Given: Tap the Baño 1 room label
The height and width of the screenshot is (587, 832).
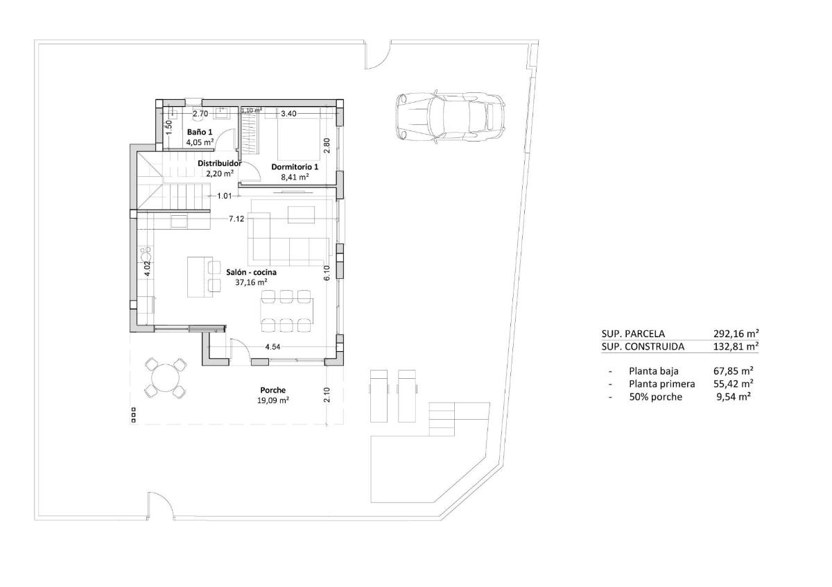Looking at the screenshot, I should pyautogui.click(x=199, y=132).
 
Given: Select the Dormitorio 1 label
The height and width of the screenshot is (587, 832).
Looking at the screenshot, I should pyautogui.click(x=294, y=167).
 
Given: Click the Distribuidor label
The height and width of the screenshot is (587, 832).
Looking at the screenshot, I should pyautogui.click(x=219, y=164).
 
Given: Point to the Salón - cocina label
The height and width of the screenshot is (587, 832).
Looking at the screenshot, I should pyautogui.click(x=251, y=273).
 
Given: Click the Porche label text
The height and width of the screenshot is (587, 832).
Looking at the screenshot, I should pyautogui.click(x=273, y=390).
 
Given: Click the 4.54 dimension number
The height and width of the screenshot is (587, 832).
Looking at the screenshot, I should pyautogui.click(x=272, y=346).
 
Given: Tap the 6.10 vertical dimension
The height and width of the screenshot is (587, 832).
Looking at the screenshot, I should pyautogui.click(x=327, y=272).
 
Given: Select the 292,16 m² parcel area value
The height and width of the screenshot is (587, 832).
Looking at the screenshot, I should pyautogui.click(x=736, y=333).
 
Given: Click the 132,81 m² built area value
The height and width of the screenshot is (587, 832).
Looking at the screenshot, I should pyautogui.click(x=736, y=346).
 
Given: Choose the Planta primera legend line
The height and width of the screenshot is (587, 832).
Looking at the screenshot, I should pyautogui.click(x=661, y=384).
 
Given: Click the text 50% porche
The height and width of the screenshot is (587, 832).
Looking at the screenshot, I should pyautogui.click(x=655, y=397).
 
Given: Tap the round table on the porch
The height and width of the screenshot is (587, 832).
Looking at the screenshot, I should pyautogui.click(x=166, y=378).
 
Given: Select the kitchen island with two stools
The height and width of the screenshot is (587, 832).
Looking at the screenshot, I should pyautogui.click(x=200, y=275).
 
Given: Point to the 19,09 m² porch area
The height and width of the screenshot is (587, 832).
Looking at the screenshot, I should pyautogui.click(x=273, y=400).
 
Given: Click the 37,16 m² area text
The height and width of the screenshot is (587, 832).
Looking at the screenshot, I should pyautogui.click(x=251, y=282).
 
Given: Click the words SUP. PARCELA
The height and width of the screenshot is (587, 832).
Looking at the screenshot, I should pyautogui.click(x=633, y=333).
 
